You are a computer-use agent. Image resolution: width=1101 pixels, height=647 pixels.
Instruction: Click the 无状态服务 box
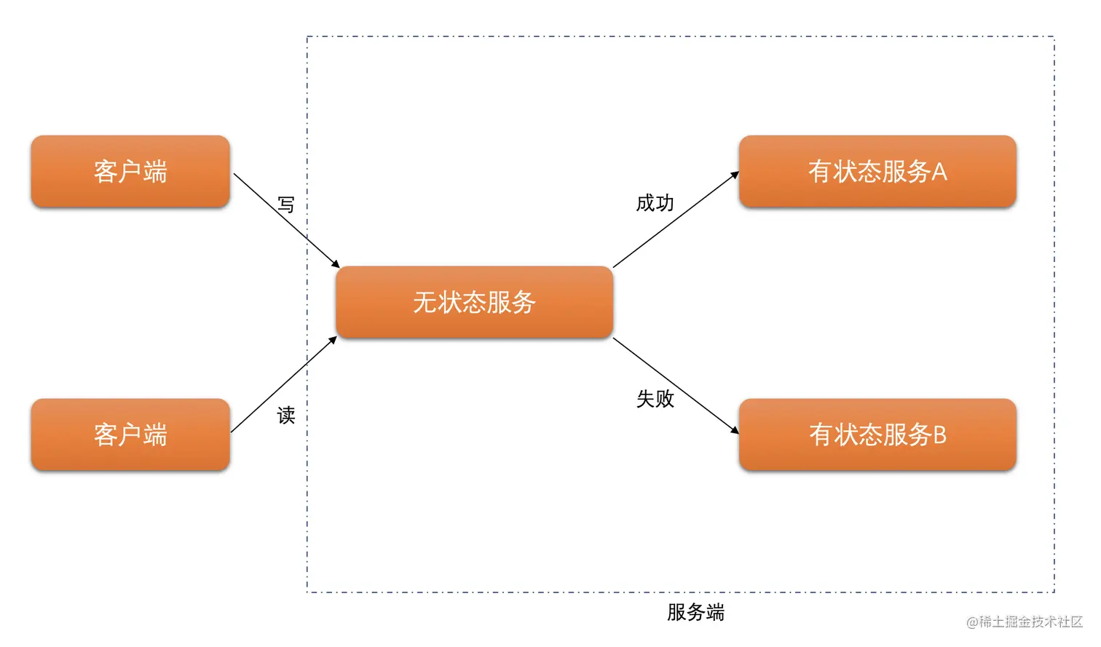pyautogui.click(x=474, y=302)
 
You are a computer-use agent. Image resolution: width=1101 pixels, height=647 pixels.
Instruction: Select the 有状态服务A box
pyautogui.click(x=877, y=172)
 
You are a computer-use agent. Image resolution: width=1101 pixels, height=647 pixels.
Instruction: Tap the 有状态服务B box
pyautogui.click(x=877, y=434)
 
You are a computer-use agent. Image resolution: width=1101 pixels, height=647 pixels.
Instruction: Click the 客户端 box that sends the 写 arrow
pyautogui.click(x=130, y=172)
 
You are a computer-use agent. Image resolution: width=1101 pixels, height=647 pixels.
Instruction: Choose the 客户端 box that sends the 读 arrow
pyautogui.click(x=130, y=434)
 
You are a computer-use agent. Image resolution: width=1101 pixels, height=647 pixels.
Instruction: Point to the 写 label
pyautogui.click(x=286, y=205)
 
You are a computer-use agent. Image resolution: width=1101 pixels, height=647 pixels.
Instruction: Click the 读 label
pyautogui.click(x=286, y=416)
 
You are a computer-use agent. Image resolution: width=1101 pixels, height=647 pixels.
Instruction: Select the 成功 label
pyautogui.click(x=655, y=203)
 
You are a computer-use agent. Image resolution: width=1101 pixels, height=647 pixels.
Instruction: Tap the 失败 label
pyautogui.click(x=655, y=399)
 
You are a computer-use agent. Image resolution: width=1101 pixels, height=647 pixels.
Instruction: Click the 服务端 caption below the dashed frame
pyautogui.click(x=695, y=612)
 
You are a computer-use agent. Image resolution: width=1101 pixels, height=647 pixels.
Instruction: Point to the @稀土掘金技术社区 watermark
pyautogui.click(x=1024, y=622)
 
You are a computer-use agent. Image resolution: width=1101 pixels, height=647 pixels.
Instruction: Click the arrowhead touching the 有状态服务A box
pyautogui.click(x=735, y=175)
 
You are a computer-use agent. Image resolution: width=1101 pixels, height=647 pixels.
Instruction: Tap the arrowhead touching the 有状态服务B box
pyautogui.click(x=735, y=430)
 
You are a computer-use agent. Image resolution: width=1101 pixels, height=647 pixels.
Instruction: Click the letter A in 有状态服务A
pyautogui.click(x=939, y=172)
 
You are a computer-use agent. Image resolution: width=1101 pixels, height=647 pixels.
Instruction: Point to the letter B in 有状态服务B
pyautogui.click(x=939, y=434)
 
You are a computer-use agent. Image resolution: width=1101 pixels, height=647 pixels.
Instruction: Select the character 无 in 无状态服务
pyautogui.click(x=425, y=302)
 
